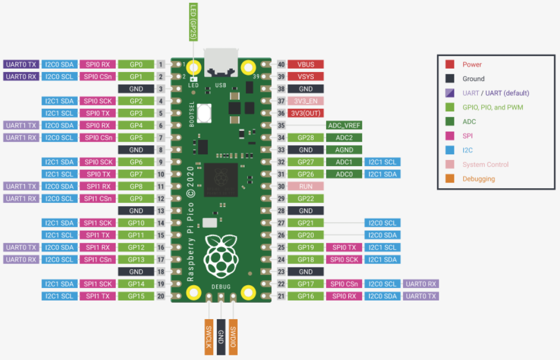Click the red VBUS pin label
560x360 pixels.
pyautogui.click(x=305, y=65)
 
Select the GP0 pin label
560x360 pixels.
pyautogui.click(x=136, y=65)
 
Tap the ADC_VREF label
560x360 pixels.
pyautogui.click(x=344, y=125)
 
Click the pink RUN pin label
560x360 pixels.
pyautogui.click(x=305, y=186)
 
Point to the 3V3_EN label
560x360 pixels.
pyautogui.click(x=305, y=101)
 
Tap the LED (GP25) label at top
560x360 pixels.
pyautogui.click(x=193, y=22)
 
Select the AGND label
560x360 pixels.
pyautogui.click(x=344, y=150)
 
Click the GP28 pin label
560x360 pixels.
pyautogui.click(x=305, y=138)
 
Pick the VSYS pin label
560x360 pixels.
pyautogui.click(x=305, y=77)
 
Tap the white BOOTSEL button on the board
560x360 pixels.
pyautogui.click(x=204, y=112)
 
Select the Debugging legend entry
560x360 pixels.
pyautogui.click(x=478, y=179)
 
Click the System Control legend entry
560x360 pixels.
pyautogui.click(x=485, y=164)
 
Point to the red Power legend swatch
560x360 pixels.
pyautogui.click(x=450, y=65)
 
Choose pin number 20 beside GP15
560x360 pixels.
pyautogui.click(x=161, y=296)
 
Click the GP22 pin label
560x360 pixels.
pyautogui.click(x=305, y=198)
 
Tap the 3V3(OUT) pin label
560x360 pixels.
pyautogui.click(x=305, y=113)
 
